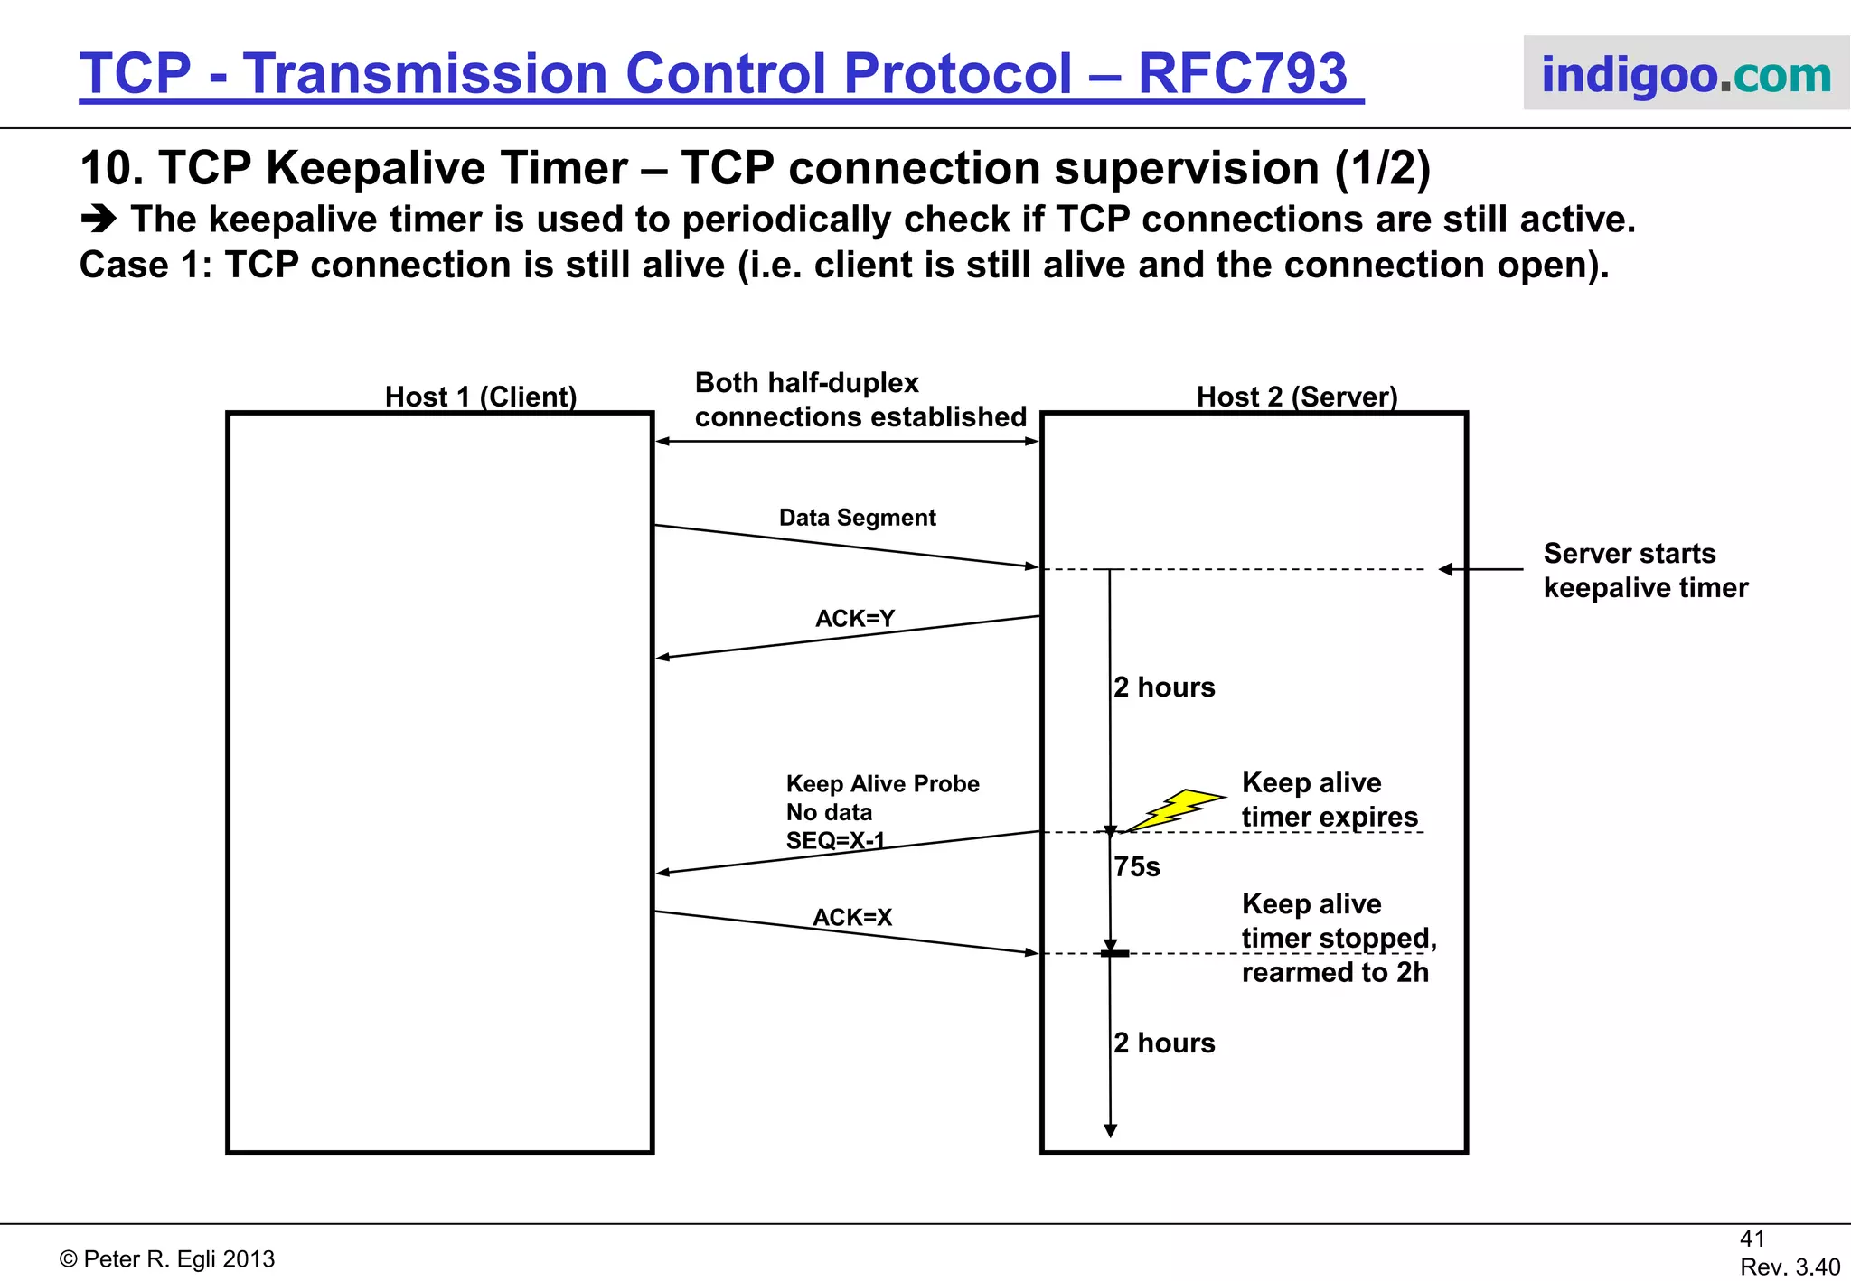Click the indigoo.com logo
[1686, 74]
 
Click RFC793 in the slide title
[1242, 73]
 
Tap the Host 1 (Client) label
[481, 397]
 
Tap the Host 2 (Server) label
[1297, 397]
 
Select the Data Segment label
[857, 518]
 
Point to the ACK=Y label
[855, 619]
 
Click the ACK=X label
[852, 918]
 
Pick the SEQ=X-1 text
[835, 841]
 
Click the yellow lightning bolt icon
[1177, 809]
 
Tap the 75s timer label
[1137, 867]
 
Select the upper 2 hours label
[1164, 687]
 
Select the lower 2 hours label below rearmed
[1164, 1043]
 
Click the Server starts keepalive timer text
[1645, 571]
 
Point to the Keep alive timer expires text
[1329, 799]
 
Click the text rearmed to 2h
[1335, 973]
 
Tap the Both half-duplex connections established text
[860, 400]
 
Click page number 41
[1752, 1239]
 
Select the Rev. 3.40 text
[1790, 1267]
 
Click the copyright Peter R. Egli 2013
[167, 1259]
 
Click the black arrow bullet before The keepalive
[99, 219]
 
